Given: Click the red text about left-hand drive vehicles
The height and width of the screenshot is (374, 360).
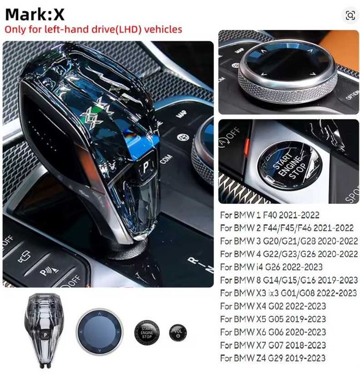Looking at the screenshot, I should [93, 29].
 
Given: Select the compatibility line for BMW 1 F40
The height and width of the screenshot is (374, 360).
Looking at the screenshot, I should [270, 215].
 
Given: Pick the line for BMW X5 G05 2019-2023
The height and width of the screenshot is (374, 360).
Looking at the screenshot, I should [273, 319].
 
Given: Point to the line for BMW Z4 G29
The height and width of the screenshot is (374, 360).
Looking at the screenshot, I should [272, 358].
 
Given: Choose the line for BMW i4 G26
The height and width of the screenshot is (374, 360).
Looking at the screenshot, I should [271, 267].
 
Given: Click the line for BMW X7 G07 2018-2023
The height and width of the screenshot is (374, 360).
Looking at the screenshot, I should [273, 345].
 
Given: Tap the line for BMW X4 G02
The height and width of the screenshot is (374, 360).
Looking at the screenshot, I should [272, 306].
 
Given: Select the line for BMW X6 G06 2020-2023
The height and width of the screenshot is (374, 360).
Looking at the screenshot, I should [273, 332].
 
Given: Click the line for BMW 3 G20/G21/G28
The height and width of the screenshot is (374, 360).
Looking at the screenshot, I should [289, 241].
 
